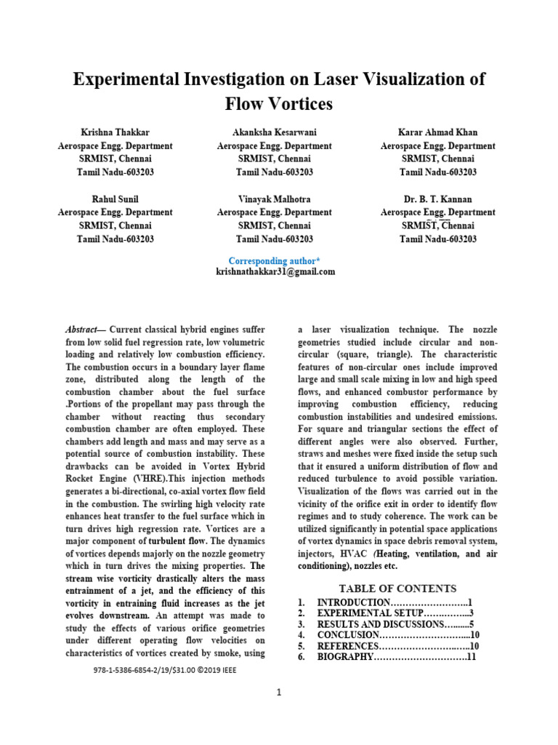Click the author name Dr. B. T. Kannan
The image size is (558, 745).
click(438, 199)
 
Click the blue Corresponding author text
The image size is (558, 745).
click(274, 260)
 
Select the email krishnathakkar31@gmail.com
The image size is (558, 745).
click(275, 271)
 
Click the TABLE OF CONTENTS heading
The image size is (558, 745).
click(397, 589)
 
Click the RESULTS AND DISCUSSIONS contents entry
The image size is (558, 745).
click(375, 624)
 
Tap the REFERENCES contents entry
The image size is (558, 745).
click(348, 646)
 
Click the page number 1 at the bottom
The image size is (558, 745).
click(278, 692)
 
